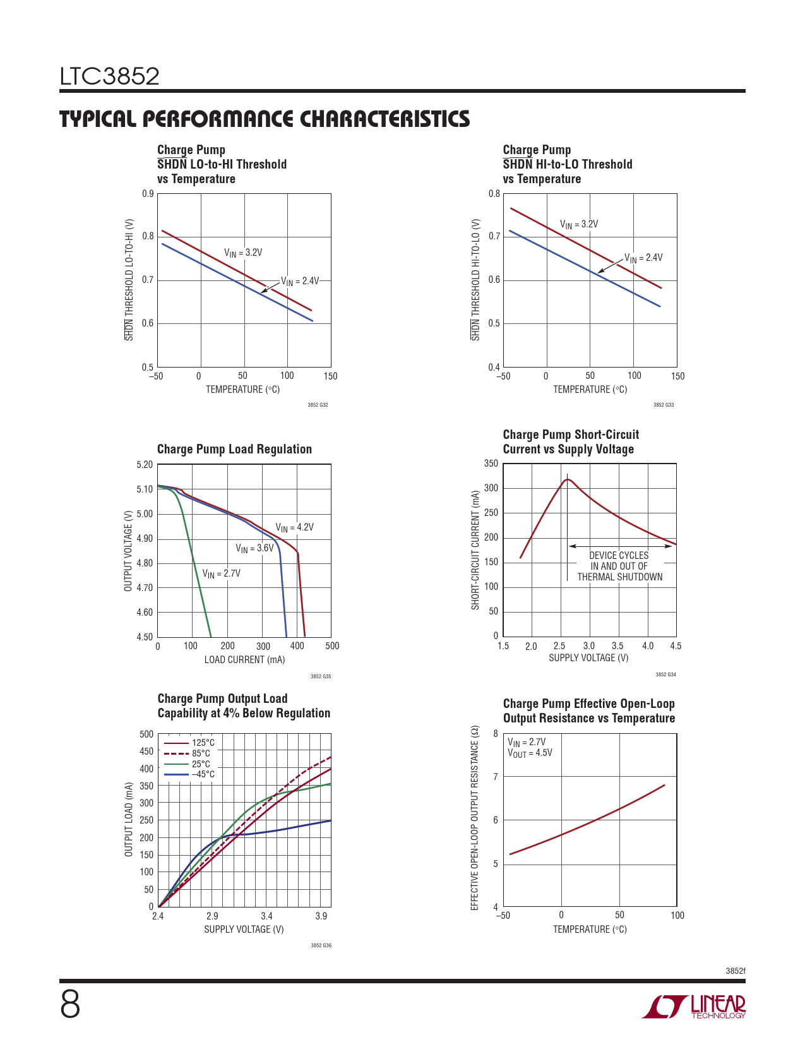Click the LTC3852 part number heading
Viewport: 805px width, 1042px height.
pos(110,77)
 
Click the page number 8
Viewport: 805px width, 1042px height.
pos(70,1005)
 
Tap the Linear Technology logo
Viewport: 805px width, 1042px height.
pos(694,1007)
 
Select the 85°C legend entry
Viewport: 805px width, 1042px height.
pos(201,753)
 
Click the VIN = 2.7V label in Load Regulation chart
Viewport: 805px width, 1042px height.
pos(221,574)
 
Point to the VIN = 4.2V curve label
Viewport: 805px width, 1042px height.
pos(294,528)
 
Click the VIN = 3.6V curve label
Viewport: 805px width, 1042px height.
pos(254,548)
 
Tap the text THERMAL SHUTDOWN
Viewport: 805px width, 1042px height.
pos(620,577)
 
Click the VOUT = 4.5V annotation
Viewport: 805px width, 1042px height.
pos(530,753)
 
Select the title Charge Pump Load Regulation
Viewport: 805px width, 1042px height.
pos(234,450)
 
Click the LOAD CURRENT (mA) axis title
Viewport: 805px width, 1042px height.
pos(244,660)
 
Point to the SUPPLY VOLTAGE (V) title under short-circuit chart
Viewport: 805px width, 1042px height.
pos(588,658)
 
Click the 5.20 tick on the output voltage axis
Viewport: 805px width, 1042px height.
pos(145,465)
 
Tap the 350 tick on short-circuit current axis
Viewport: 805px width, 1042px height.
pos(491,464)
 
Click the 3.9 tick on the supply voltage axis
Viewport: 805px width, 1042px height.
pos(321,916)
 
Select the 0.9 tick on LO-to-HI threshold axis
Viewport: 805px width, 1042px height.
pos(148,194)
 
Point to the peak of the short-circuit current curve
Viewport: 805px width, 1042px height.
pos(568,479)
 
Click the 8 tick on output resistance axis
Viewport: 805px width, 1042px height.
pos(496,734)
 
